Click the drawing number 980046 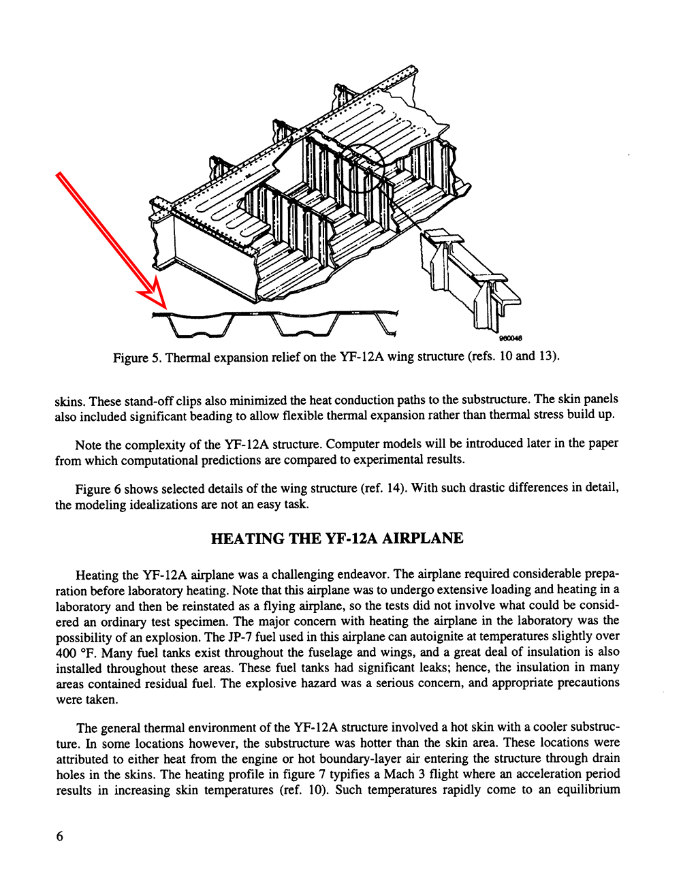(x=511, y=338)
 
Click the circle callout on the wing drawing (x=362, y=168)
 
